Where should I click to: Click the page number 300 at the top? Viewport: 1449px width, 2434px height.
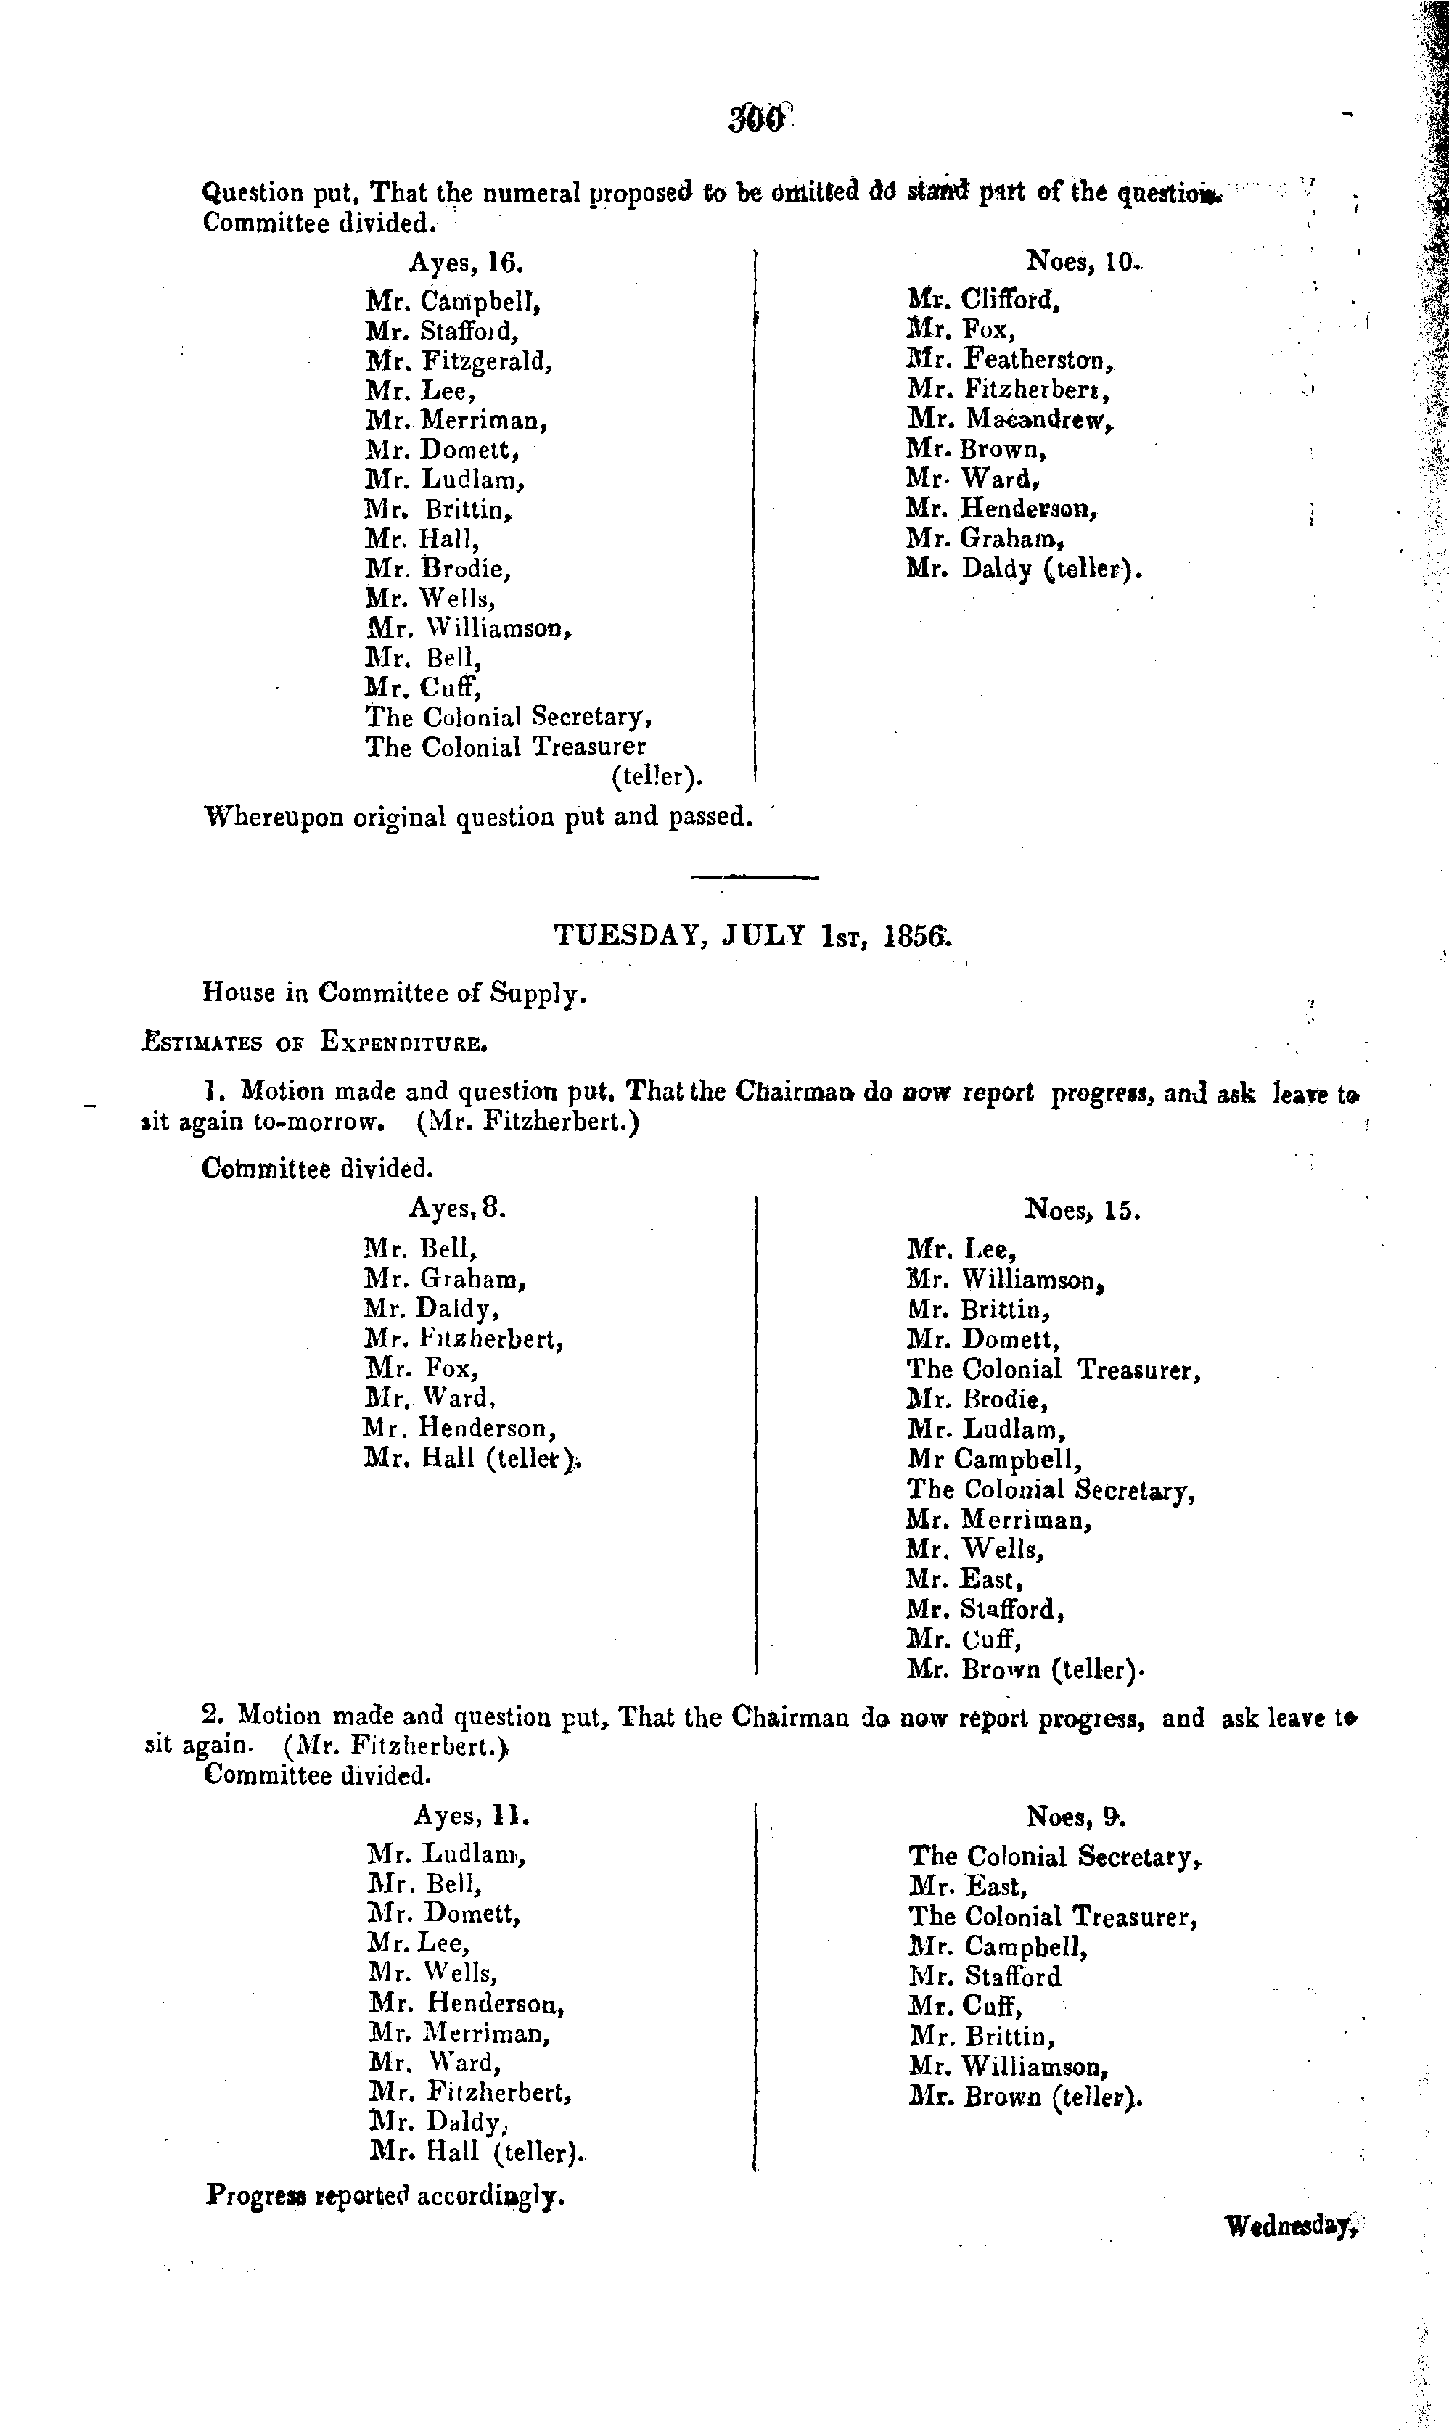[757, 118]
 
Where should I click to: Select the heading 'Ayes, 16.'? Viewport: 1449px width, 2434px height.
[466, 263]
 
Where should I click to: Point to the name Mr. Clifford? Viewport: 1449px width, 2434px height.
[983, 300]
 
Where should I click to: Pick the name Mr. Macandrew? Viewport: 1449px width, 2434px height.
[1009, 420]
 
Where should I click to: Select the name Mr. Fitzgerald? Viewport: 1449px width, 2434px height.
[460, 361]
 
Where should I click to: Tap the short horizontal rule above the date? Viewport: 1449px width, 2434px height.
[754, 876]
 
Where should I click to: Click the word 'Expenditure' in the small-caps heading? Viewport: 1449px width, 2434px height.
[403, 1043]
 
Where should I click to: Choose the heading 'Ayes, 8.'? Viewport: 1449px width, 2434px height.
[456, 1208]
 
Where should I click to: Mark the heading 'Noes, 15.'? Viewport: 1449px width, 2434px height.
[1082, 1209]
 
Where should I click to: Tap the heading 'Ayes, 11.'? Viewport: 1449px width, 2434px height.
[472, 1815]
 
